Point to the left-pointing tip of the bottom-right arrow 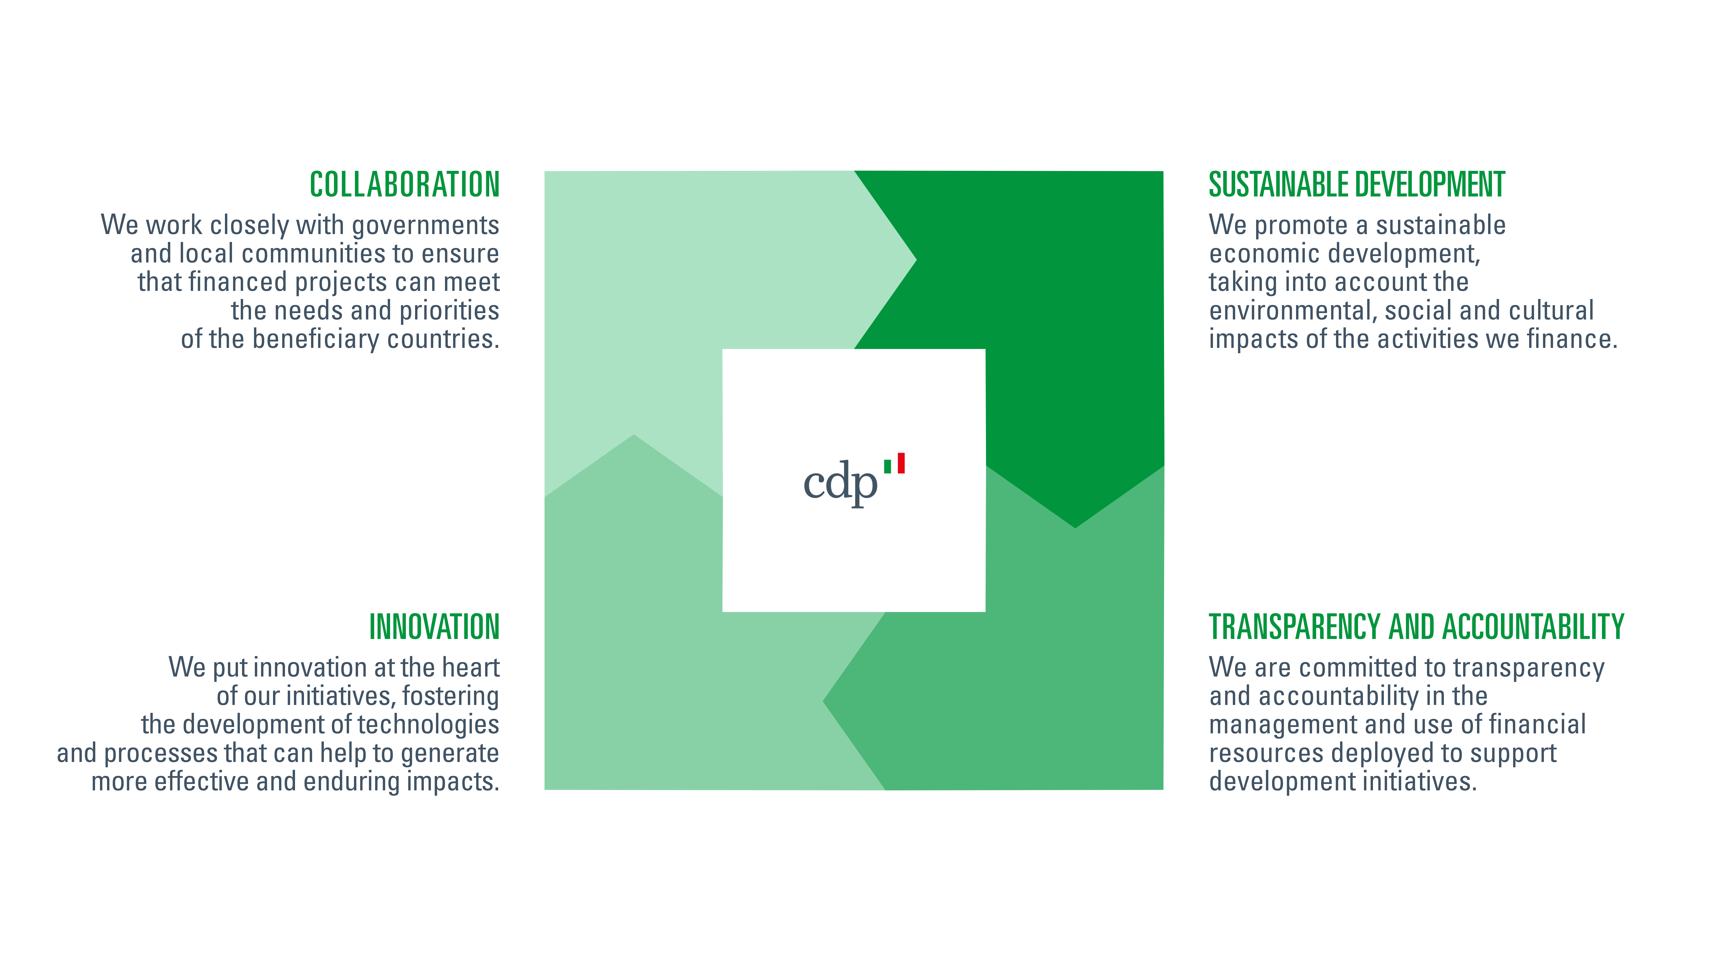(823, 701)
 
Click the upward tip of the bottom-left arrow (634, 435)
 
